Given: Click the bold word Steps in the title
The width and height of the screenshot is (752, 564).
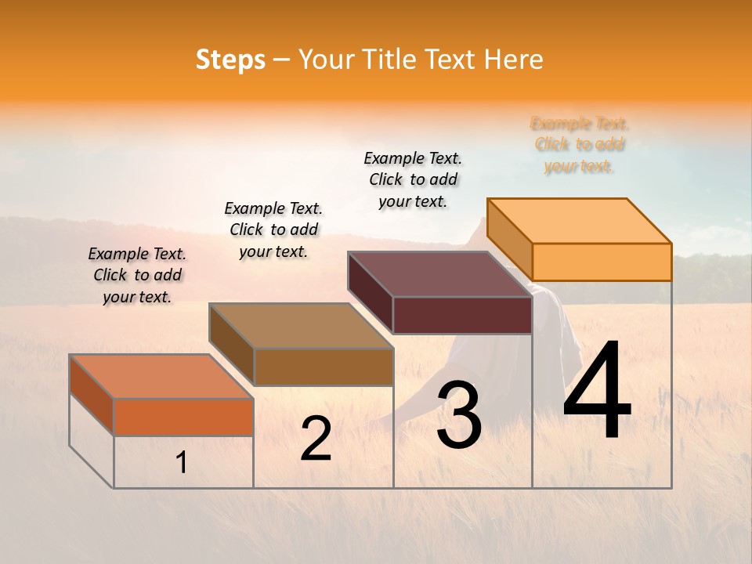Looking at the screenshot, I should [x=230, y=60].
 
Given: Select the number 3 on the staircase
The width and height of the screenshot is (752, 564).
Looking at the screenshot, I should [x=459, y=415].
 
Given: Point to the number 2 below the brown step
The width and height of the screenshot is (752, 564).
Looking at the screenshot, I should [x=316, y=439].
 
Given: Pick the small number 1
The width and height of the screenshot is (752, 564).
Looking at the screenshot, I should [x=181, y=463].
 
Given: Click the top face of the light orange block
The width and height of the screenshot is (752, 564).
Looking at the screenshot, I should [x=580, y=220].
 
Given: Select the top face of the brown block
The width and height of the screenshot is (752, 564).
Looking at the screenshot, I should [x=301, y=326].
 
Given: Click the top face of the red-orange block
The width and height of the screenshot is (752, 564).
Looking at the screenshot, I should [x=161, y=376].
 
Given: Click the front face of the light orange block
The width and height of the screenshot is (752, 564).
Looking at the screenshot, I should [x=602, y=262].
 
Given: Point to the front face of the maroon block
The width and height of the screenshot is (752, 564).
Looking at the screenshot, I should [x=462, y=315].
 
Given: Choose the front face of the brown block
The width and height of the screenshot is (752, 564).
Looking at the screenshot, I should [x=323, y=367].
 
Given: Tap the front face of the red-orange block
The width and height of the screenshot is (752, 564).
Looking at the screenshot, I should [x=183, y=417].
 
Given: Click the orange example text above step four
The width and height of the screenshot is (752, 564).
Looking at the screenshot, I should [x=580, y=145].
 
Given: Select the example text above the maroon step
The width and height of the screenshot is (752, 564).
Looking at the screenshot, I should [x=413, y=179].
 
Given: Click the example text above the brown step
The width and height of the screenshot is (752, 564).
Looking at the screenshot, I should [x=273, y=230].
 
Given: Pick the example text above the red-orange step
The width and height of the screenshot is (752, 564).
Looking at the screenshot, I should [x=137, y=275].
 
